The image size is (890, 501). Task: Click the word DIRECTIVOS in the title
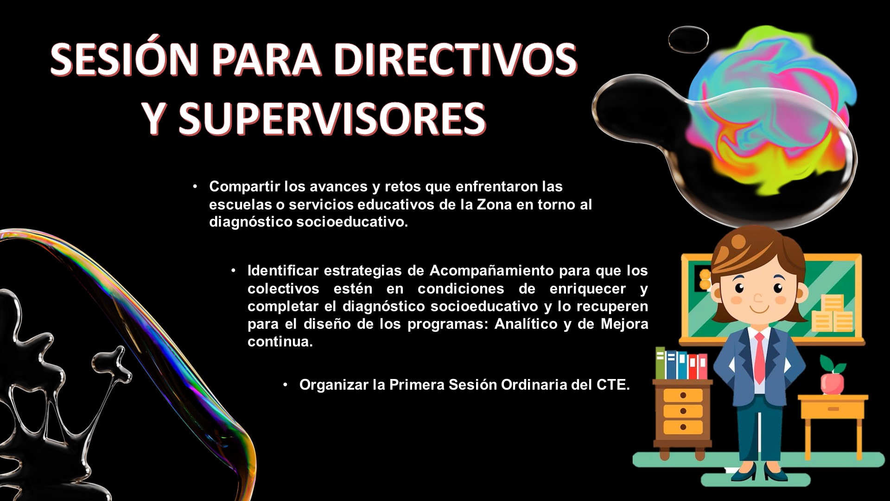tap(455, 59)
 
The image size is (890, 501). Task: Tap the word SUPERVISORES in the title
tap(332, 118)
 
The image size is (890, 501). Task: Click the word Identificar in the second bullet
tap(283, 270)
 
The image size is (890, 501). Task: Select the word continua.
tap(280, 341)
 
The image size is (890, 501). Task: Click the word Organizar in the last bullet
tap(334, 385)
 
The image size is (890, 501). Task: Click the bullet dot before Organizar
tap(286, 384)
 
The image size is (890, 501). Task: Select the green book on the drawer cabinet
tap(660, 363)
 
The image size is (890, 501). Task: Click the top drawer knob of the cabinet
tap(683, 395)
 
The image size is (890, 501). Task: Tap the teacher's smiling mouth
tap(759, 308)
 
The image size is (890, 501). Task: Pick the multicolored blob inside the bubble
tap(769, 111)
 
